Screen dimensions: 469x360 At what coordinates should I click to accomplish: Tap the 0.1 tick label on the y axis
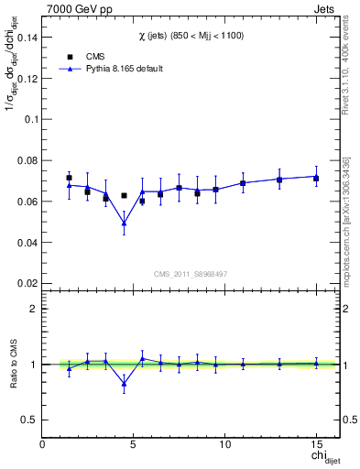pyautogui.click(x=31, y=119)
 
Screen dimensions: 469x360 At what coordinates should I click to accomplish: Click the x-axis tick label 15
pyautogui.click(x=316, y=445)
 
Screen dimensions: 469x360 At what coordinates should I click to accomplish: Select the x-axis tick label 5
pyautogui.click(x=134, y=445)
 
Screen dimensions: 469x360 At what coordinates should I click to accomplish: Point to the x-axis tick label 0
pyautogui.click(x=43, y=445)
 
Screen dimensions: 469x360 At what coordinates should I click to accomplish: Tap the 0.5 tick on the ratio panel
pyautogui.click(x=30, y=420)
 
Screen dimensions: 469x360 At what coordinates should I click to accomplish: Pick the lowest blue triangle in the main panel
pyautogui.click(x=124, y=223)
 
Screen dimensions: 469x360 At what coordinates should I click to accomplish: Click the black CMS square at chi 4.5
pyautogui.click(x=124, y=195)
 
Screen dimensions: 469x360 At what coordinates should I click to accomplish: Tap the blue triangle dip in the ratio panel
pyautogui.click(x=124, y=384)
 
